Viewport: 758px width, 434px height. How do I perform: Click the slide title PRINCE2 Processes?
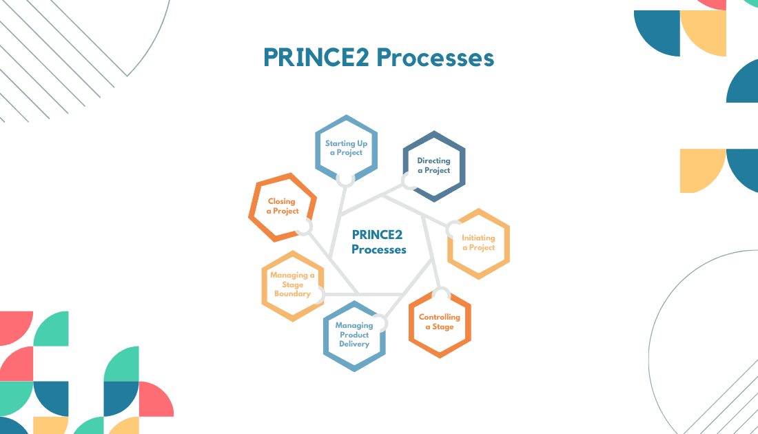378,58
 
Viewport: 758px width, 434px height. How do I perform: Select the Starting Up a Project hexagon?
346,147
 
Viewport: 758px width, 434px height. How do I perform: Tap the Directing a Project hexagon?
433,165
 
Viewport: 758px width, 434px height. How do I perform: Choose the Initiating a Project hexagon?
478,243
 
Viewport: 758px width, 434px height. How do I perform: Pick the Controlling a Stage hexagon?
440,322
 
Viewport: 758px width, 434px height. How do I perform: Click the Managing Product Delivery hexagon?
354,335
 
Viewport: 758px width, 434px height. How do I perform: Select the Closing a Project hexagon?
283,206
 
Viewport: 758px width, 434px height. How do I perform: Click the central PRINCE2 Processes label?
378,242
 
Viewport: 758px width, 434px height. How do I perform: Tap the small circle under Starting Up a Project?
346,178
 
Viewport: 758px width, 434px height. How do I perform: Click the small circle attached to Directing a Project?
409,182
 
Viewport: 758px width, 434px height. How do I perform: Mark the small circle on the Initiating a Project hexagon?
455,229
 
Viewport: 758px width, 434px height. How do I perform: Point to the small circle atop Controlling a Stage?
441,296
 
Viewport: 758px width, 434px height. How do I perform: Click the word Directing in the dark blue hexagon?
433,161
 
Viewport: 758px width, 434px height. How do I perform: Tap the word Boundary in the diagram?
293,293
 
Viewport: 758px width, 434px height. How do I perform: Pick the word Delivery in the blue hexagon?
354,344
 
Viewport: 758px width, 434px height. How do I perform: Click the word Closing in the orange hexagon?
282,202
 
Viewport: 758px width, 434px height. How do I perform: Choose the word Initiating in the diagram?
478,238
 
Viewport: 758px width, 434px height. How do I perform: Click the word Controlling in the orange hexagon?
440,318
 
